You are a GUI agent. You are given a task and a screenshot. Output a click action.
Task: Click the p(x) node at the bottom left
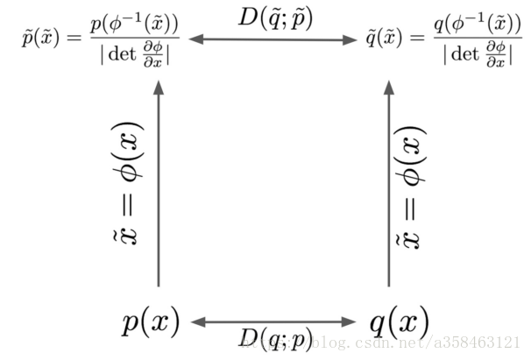coord(151,323)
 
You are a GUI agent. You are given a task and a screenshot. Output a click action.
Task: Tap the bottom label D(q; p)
coord(274,340)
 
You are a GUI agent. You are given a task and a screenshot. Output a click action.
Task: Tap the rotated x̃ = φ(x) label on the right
coord(416,183)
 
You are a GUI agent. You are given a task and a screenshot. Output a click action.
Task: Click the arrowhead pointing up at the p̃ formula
coord(159,87)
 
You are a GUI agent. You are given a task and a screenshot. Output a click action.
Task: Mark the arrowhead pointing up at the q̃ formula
coord(389,87)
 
